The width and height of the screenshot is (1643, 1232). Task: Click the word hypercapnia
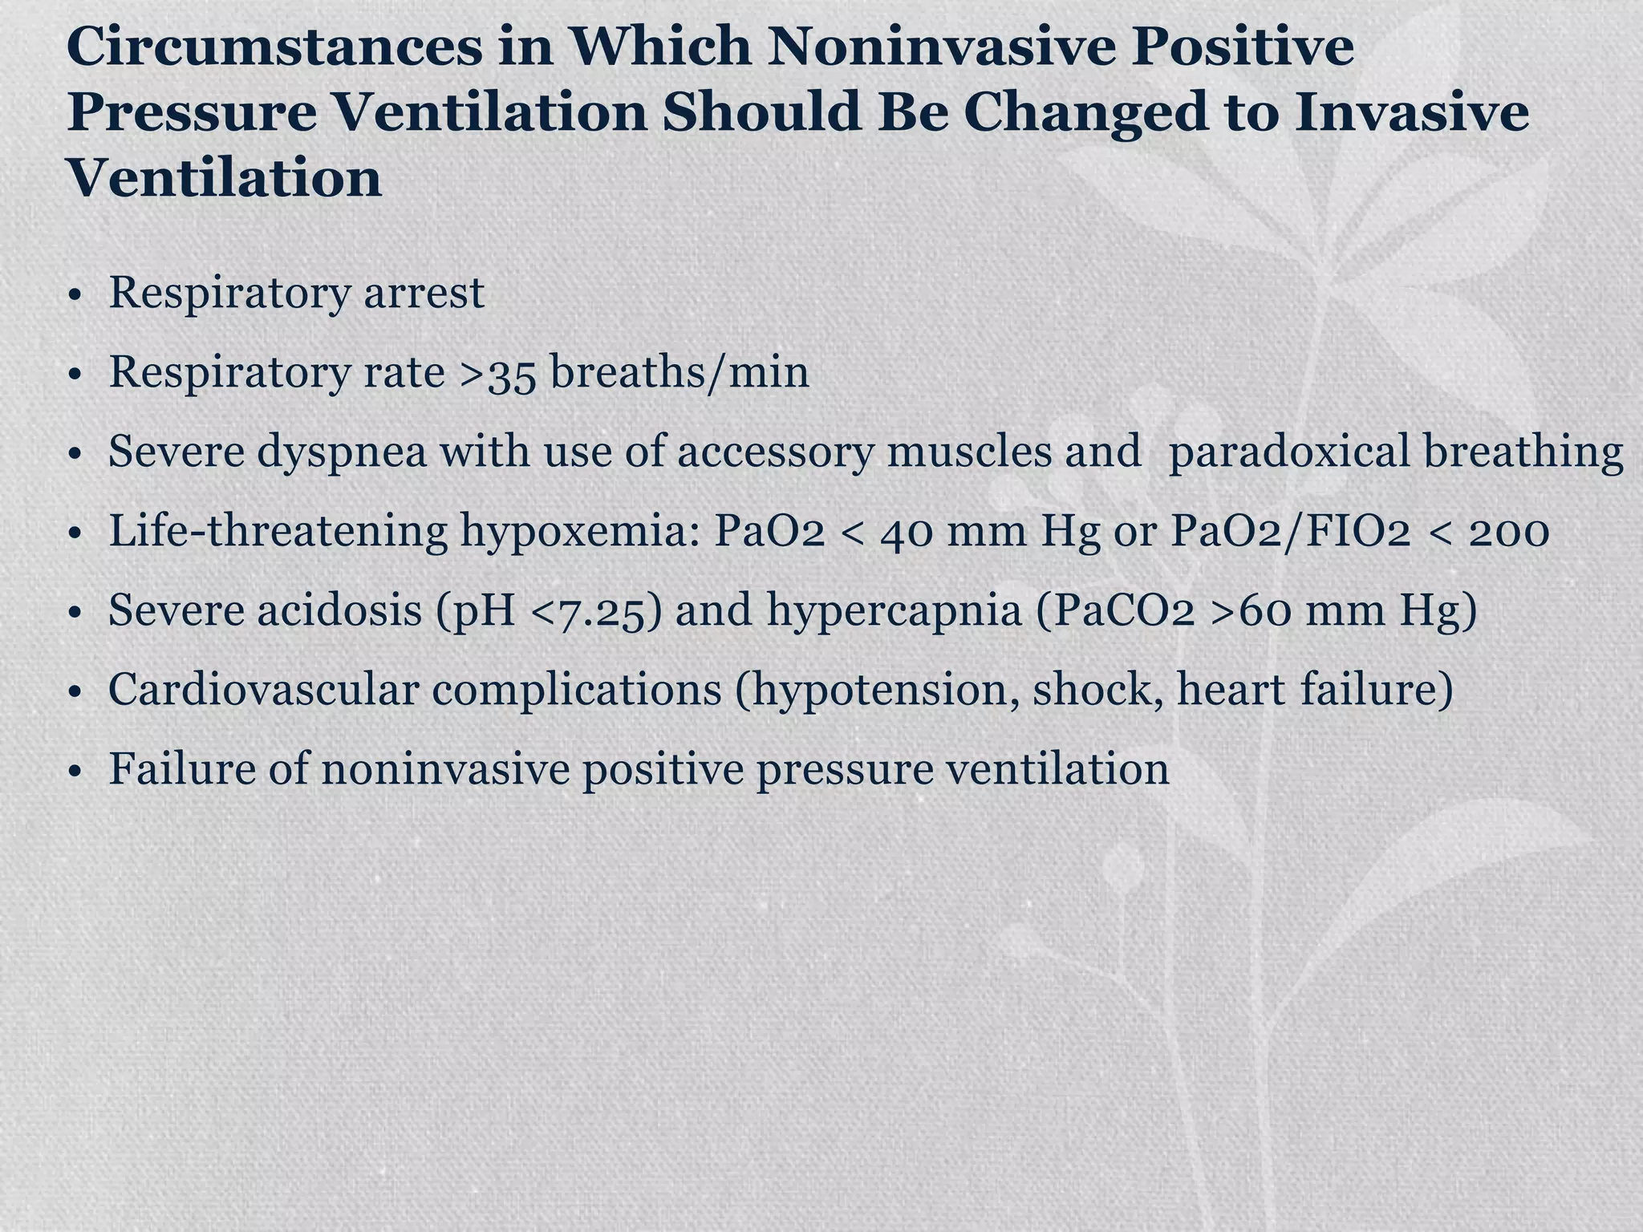tap(894, 611)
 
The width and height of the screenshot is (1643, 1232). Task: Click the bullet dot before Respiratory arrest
tap(75, 295)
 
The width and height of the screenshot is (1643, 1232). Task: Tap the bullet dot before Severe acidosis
tap(75, 614)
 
